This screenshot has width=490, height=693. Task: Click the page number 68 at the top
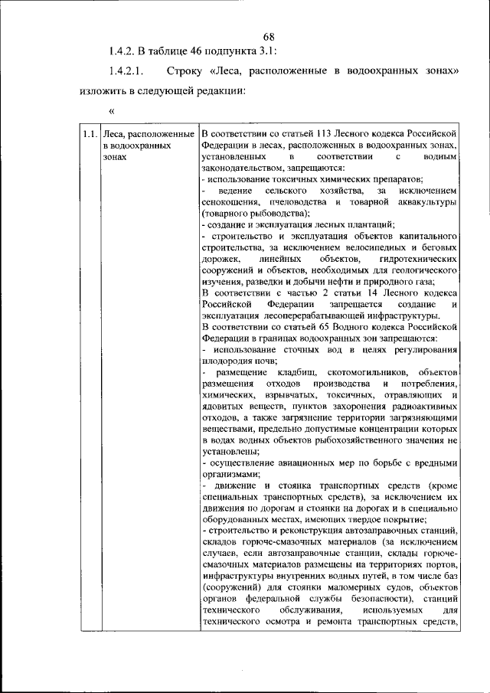click(268, 37)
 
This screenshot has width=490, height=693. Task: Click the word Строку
click(182, 71)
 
